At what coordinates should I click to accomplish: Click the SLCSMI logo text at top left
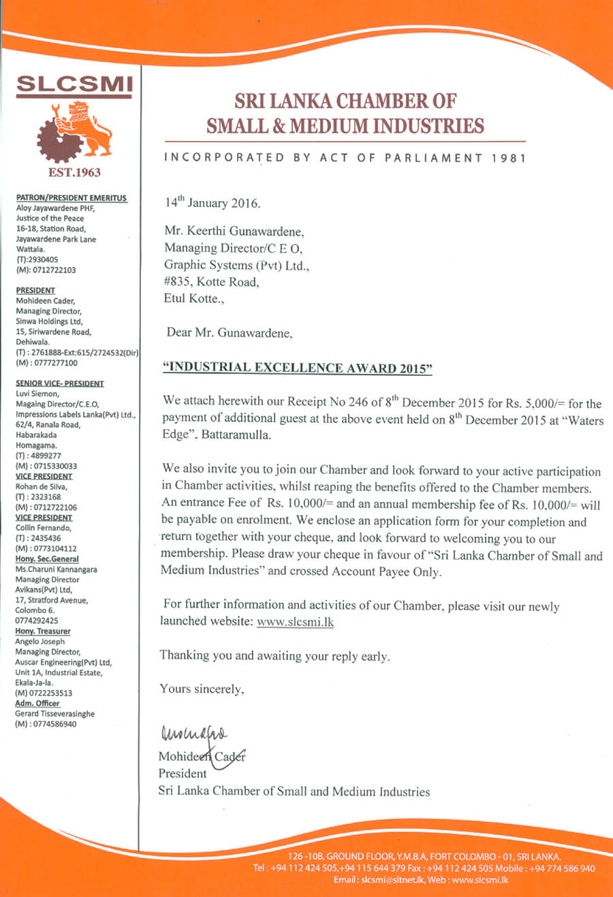(74, 83)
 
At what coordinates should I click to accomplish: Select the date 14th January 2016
(213, 203)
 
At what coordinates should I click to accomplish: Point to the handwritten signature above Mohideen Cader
(194, 734)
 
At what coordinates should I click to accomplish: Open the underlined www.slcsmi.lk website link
(295, 621)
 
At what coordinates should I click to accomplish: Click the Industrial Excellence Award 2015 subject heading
(298, 368)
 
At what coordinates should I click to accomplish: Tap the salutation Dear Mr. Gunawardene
(230, 333)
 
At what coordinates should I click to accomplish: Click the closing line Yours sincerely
(202, 689)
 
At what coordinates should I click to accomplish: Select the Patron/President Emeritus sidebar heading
(72, 198)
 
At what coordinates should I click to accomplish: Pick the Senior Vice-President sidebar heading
(60, 383)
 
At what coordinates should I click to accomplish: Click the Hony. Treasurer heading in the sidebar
(43, 631)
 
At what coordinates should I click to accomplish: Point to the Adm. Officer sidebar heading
(37, 704)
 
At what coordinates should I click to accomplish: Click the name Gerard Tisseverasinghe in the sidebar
(55, 714)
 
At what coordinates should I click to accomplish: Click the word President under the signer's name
(183, 774)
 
